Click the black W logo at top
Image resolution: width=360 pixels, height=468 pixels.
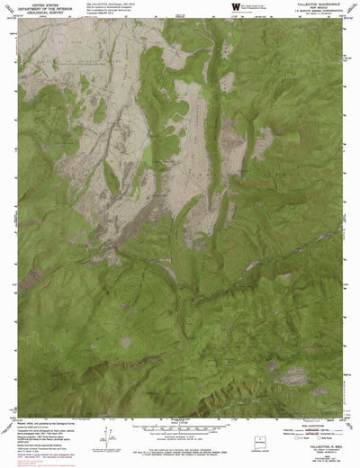237,7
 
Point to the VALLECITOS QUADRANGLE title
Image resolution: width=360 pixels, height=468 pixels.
316,4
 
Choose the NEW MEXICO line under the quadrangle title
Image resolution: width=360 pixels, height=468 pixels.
316,9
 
